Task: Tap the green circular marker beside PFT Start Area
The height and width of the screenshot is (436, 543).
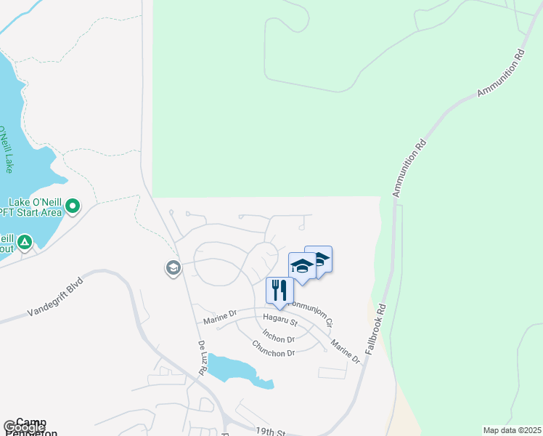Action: pos(73,207)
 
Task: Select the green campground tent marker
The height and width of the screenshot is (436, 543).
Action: pos(25,242)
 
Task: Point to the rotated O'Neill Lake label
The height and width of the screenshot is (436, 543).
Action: pos(6,149)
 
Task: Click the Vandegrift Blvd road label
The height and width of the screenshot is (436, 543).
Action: pos(57,296)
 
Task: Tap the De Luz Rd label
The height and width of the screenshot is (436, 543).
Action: pos(202,358)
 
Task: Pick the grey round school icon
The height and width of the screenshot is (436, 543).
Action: pos(173,268)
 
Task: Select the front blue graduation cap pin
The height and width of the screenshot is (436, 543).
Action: pos(301,266)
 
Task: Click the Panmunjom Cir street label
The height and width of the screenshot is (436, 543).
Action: pos(314,313)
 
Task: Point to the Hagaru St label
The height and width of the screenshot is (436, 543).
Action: pos(280,319)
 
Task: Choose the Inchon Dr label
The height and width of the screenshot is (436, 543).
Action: pos(279,337)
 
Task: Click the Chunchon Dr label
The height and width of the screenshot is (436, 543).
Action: pos(273,348)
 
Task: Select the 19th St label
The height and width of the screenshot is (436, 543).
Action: pos(270,432)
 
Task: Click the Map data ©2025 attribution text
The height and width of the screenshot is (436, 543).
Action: pos(513,430)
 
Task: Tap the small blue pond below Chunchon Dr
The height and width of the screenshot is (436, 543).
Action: pos(236,369)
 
